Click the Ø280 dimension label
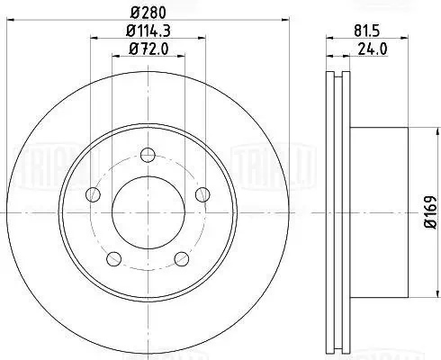[x=148, y=13]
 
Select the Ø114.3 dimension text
[x=148, y=31]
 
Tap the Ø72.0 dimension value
[x=148, y=49]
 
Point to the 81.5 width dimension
[x=367, y=31]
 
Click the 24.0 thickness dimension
[x=373, y=49]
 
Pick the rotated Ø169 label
[x=432, y=212]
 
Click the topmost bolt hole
[x=148, y=155]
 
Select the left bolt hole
[x=93, y=194]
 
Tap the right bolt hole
[x=202, y=194]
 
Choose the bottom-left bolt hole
[x=114, y=259]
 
